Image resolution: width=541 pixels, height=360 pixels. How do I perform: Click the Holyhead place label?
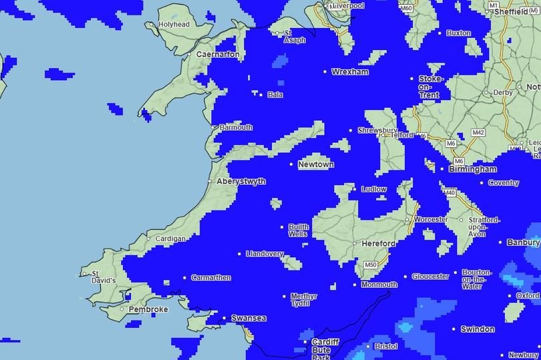pos(174,25)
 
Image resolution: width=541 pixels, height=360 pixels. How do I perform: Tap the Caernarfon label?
pos(218,55)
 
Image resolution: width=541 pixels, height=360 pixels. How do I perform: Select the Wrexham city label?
pos(351,71)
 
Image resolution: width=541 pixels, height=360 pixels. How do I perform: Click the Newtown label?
pos(316,164)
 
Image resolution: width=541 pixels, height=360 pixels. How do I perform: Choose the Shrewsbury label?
pos(377,130)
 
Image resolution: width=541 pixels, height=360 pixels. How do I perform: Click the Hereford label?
pos(379,244)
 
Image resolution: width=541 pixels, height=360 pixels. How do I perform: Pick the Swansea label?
pos(248,319)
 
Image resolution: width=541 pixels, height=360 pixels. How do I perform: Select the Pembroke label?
pos(148,309)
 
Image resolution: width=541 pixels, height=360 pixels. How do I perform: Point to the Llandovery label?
pos(265,254)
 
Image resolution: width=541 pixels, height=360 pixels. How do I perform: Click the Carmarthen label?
pos(211,277)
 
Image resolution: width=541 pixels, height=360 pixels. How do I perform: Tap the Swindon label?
pos(478,329)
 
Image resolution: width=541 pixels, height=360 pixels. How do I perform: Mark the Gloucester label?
pos(430,277)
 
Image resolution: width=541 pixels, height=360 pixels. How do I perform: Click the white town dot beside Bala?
pos(261,95)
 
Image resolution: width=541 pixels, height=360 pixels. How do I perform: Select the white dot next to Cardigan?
pos(148,238)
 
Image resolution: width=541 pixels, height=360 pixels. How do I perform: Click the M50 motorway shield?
pos(371,265)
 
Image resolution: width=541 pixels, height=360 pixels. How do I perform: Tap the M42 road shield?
pos(478,133)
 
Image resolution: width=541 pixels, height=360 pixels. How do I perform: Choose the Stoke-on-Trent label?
pos(429,87)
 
